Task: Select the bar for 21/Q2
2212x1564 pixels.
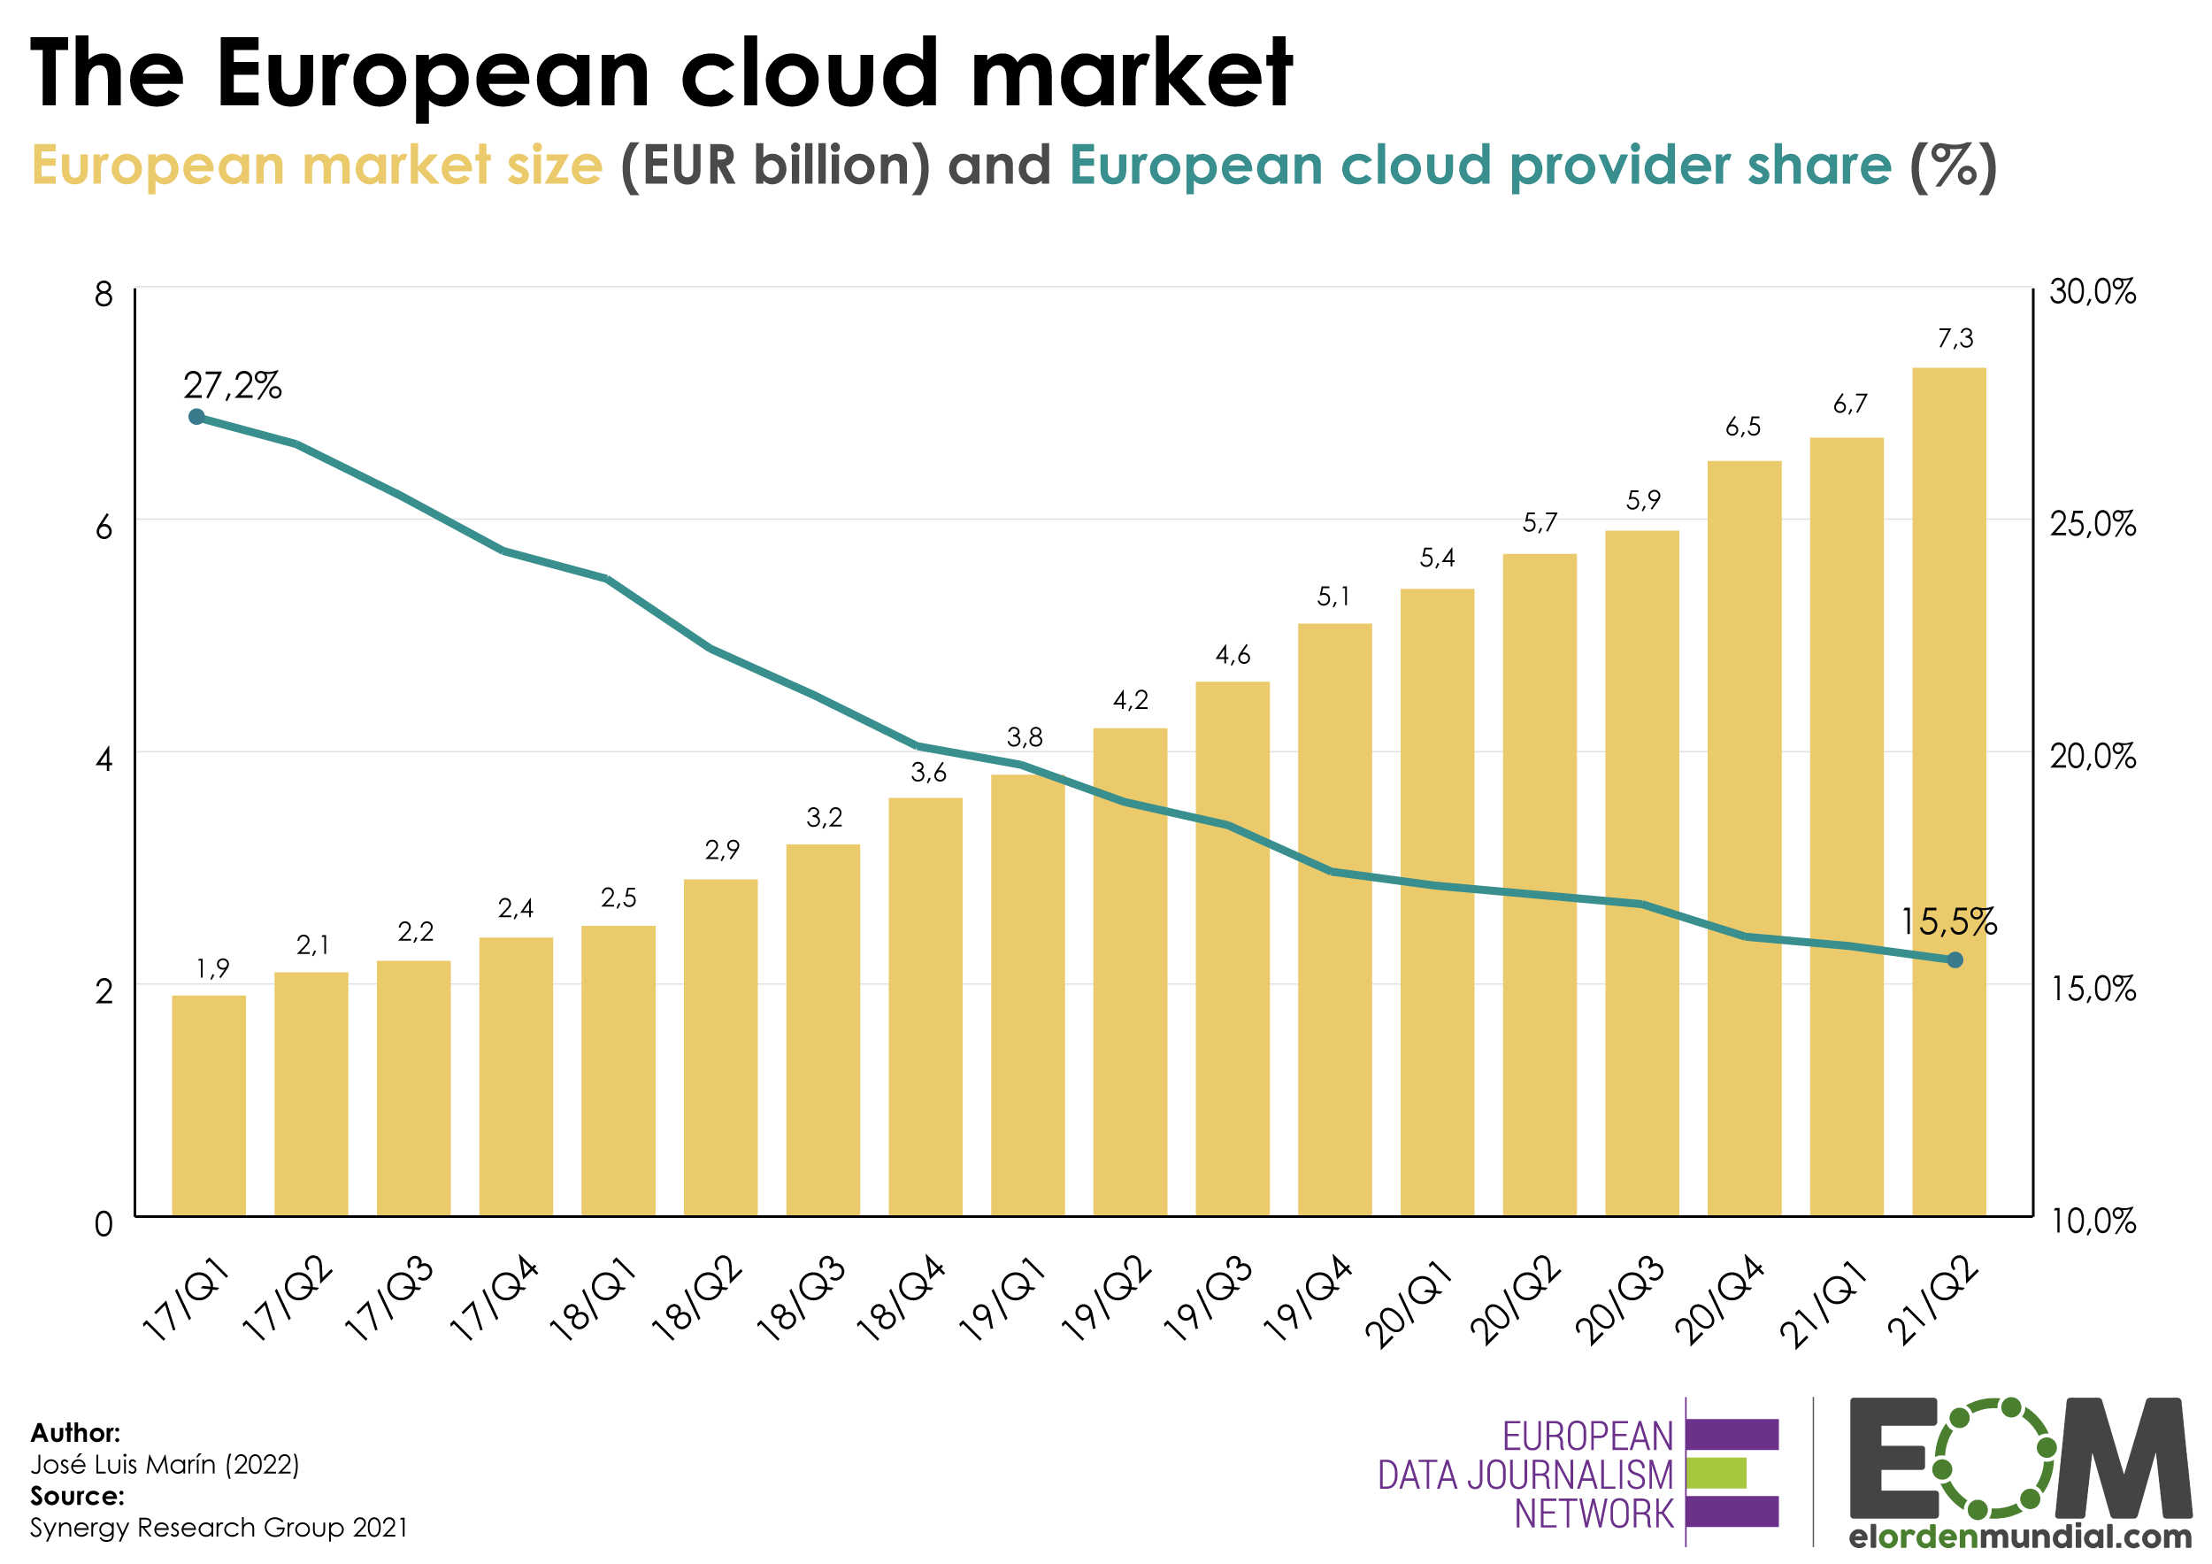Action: [x=1948, y=790]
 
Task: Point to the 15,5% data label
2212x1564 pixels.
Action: [x=1948, y=922]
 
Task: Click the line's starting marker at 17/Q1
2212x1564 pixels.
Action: [x=196, y=416]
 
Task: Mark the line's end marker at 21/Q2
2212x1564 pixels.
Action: [x=1955, y=959]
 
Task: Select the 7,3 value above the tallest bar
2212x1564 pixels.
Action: [x=1955, y=338]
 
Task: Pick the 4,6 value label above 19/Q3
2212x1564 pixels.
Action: [x=1233, y=655]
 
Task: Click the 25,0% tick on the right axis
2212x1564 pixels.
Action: [x=2092, y=524]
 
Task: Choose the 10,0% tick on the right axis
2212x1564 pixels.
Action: [x=2093, y=1221]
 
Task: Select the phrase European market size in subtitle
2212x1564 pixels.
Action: [x=317, y=165]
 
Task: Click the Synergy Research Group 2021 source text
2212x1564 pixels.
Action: [x=219, y=1528]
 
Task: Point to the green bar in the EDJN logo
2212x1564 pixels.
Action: [x=1716, y=1473]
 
